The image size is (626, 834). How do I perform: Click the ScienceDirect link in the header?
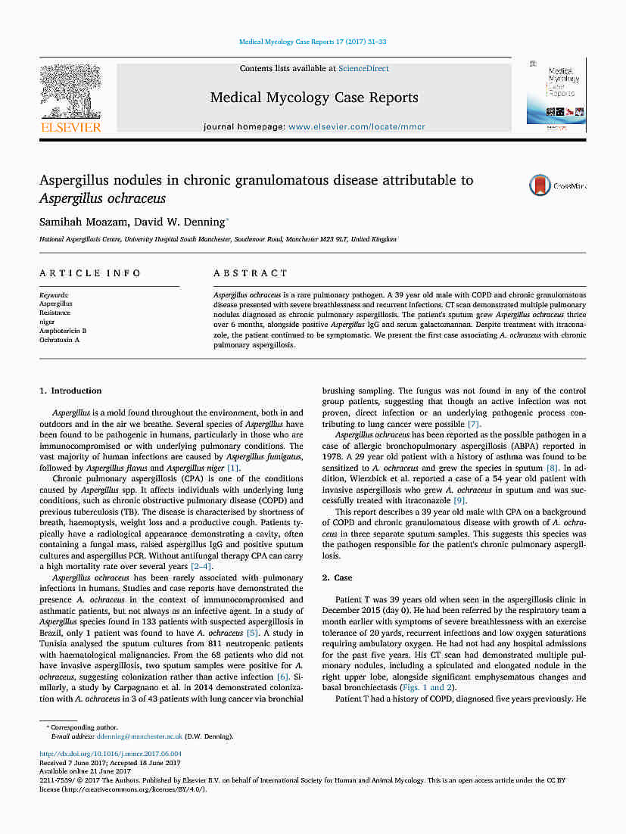tap(363, 69)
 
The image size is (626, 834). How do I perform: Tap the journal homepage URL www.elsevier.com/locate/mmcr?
tap(357, 126)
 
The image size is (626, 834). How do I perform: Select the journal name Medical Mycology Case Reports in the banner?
tap(313, 98)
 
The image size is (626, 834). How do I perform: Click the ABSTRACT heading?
tap(251, 273)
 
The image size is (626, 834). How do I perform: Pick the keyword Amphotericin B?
tap(63, 331)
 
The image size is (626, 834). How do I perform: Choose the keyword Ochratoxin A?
tap(59, 340)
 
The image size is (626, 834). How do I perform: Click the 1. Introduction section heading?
tap(70, 391)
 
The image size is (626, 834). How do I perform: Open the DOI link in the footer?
tap(110, 754)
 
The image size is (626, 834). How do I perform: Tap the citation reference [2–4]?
tap(201, 567)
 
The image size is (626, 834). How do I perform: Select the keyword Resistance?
tap(55, 313)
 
